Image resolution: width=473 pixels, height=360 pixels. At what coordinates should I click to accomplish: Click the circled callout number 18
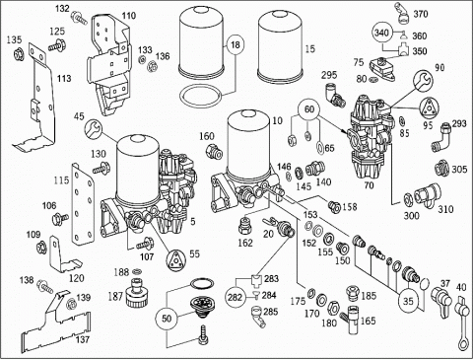[236, 44]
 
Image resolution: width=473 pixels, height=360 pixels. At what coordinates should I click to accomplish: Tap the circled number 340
[381, 33]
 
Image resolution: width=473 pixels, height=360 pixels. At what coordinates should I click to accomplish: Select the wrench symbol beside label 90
[424, 81]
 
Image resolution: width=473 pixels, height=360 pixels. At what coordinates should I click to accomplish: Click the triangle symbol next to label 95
[430, 108]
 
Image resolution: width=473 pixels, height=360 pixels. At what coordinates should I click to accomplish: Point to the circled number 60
[309, 109]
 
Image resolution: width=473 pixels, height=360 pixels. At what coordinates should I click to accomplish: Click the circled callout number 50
[167, 319]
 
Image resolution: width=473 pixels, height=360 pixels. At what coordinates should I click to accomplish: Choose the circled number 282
[235, 298]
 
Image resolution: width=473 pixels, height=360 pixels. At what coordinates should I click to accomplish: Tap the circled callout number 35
[408, 301]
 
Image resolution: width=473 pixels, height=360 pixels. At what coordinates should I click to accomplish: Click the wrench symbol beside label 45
[94, 129]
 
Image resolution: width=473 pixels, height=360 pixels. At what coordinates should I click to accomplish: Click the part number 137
[82, 339]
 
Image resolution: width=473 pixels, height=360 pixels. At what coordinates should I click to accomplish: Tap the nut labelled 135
[20, 53]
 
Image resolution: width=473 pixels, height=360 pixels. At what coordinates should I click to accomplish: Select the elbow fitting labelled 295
[334, 95]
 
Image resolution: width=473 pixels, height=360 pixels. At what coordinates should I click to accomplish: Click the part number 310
[445, 209]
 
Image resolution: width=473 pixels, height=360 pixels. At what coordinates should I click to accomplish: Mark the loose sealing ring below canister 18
[201, 96]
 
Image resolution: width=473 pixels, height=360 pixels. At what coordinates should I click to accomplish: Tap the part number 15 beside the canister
[310, 49]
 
